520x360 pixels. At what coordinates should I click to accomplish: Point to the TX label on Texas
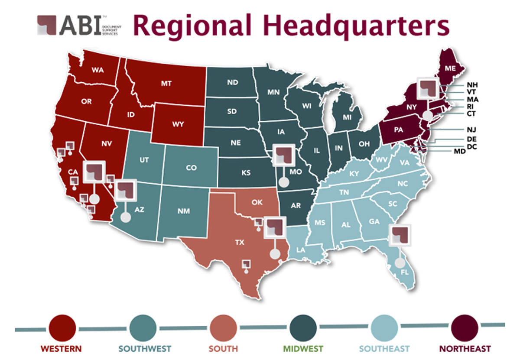click(239, 243)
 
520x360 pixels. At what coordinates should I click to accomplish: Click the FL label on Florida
click(405, 272)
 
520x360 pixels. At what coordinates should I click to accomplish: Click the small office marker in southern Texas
click(246, 264)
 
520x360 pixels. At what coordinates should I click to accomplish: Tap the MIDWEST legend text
click(303, 348)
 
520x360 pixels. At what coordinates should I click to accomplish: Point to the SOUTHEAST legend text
click(384, 348)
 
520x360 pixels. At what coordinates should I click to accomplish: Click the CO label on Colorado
click(191, 168)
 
